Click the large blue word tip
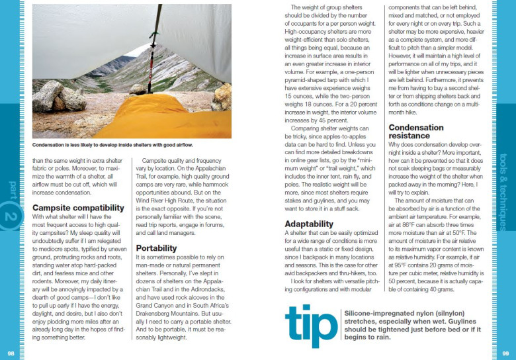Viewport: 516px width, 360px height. click(310, 326)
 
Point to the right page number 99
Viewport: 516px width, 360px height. click(504, 353)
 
